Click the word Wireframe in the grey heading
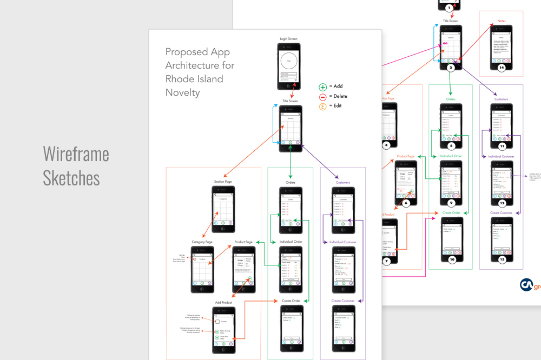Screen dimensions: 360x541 [76, 154]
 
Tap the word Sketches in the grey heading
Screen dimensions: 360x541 [71, 178]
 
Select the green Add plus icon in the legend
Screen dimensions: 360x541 [323, 86]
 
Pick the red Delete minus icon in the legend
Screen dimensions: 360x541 [323, 96]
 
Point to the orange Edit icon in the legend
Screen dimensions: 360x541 [323, 106]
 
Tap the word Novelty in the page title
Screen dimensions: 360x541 [182, 92]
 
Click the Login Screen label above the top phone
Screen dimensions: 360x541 [288, 39]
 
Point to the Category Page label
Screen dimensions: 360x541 [202, 242]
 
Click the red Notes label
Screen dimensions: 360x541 [502, 21]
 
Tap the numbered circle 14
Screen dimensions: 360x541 [502, 68]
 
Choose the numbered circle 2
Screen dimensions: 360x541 [451, 68]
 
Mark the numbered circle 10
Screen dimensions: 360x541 [451, 259]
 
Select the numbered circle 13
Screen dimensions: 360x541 [502, 259]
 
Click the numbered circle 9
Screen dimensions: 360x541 [451, 202]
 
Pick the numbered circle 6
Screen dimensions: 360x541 [405, 204]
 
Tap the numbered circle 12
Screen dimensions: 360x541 [502, 203]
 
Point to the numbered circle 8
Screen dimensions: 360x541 [451, 146]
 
